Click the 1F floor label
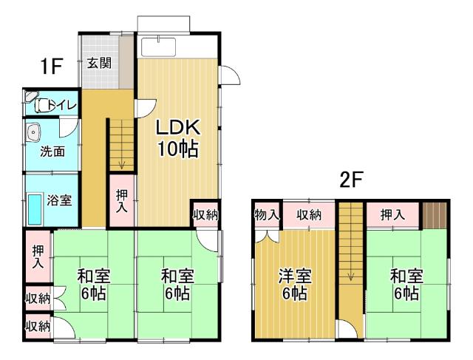(x=51, y=67)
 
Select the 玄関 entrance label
(x=100, y=63)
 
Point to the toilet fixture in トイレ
(x=41, y=106)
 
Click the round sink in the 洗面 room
(x=33, y=132)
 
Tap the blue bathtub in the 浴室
(x=35, y=209)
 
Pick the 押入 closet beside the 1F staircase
(x=122, y=200)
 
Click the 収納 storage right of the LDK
(x=205, y=215)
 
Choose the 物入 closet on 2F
(x=267, y=215)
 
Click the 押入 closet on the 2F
(x=393, y=215)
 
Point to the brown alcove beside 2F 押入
(x=435, y=214)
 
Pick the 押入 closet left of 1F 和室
(x=38, y=255)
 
